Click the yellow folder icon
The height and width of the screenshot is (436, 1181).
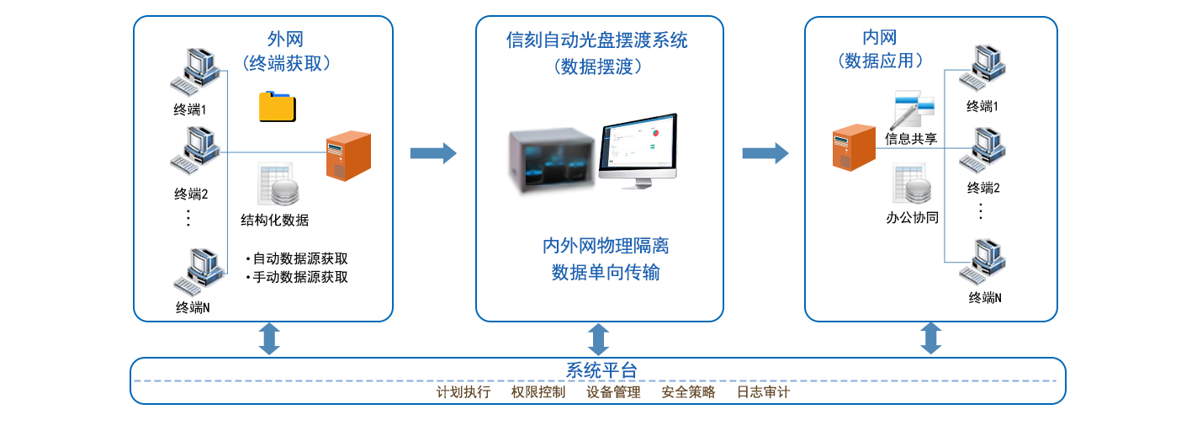coord(278,106)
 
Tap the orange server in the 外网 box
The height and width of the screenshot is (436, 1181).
coord(348,156)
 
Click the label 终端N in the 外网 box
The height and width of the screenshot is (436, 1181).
coord(193,307)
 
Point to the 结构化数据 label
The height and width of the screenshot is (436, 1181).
coord(275,221)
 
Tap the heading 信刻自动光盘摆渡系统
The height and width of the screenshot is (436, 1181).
coord(597,40)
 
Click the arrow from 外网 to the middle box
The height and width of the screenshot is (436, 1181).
coord(433,152)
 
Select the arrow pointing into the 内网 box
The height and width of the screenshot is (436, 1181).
coord(765,152)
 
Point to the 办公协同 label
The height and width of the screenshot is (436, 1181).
coord(913,217)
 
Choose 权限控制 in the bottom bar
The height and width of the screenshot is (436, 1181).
coord(538,392)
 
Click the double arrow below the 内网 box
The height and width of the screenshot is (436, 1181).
coord(930,338)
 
